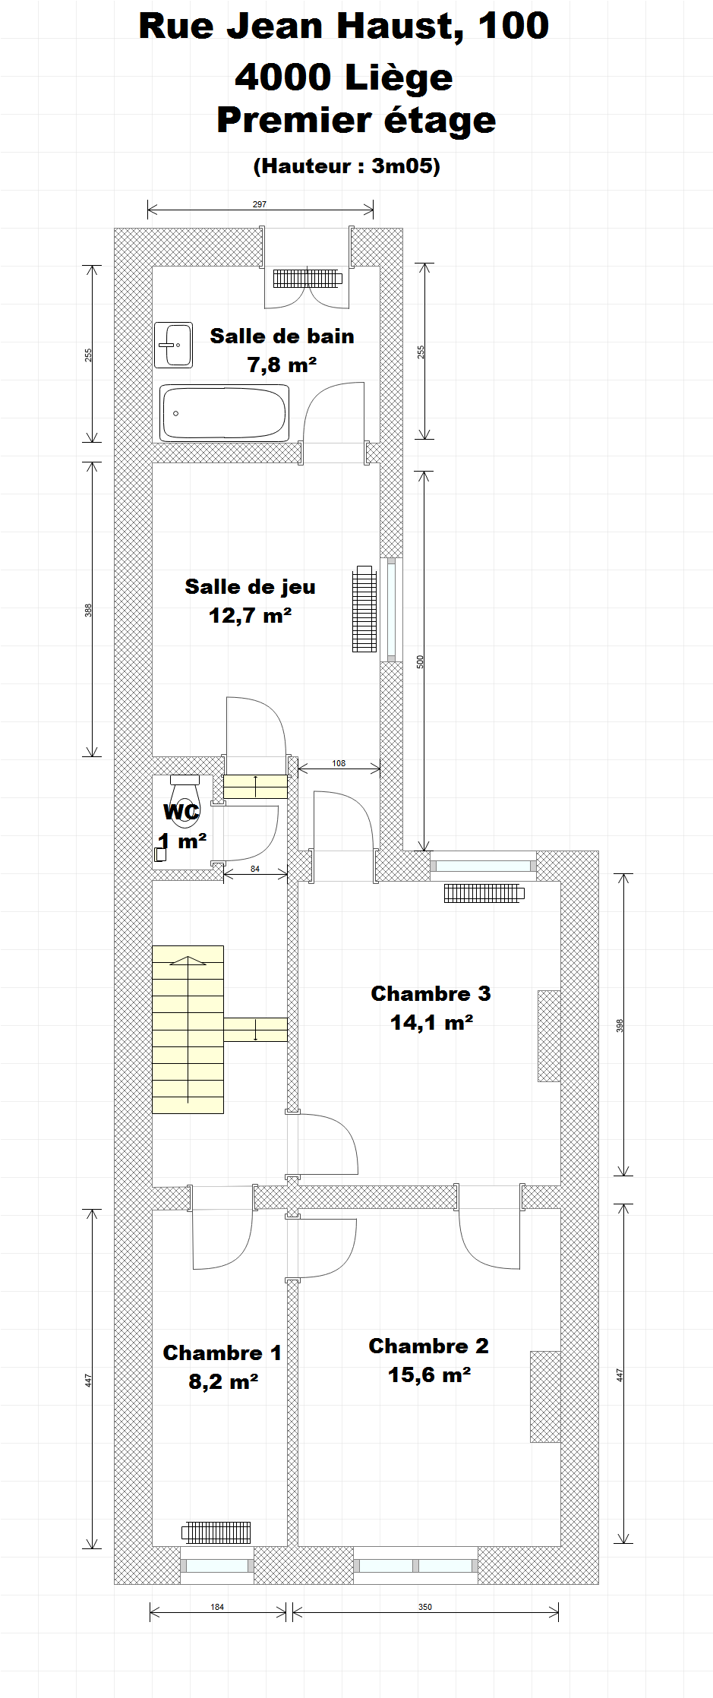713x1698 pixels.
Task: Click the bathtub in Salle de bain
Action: pos(224,412)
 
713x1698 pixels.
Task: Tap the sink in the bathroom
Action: pos(173,345)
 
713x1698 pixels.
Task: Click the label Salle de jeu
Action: pos(250,586)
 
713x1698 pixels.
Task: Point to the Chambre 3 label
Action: pos(431,993)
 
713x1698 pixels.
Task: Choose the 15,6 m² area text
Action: pos(430,1374)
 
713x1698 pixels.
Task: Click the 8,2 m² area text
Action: pos(223,1381)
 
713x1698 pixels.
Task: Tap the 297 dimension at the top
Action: pos(260,204)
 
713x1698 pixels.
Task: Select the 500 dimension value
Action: pos(420,661)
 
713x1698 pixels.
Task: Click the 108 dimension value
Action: pos(339,763)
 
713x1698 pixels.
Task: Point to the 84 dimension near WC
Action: pos(255,869)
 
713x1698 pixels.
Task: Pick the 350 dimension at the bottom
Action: pos(425,1607)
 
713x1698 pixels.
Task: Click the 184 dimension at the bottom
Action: pos(217,1607)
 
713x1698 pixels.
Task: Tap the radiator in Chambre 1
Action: pos(217,1532)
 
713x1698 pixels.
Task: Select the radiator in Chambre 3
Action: pos(484,893)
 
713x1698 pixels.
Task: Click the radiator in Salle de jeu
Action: pos(364,609)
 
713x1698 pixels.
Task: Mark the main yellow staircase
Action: pos(188,1030)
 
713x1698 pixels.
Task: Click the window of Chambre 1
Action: pos(217,1566)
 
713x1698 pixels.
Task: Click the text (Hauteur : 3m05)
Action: pos(347,166)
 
